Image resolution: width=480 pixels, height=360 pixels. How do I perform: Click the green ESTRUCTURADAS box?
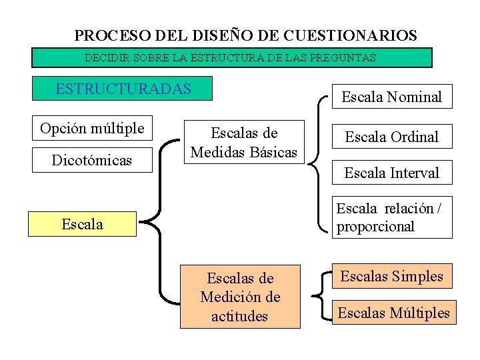tap(123, 89)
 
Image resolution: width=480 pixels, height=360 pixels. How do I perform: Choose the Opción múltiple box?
tap(92, 128)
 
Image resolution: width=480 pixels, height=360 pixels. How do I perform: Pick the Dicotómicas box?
tap(92, 161)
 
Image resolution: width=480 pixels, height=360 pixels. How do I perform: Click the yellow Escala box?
tap(82, 224)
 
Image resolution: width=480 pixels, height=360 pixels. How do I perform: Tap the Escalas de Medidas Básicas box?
tap(244, 143)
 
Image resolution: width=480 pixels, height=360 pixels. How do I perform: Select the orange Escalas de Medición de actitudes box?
tap(240, 296)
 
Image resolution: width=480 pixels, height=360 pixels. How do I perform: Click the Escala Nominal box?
tap(392, 97)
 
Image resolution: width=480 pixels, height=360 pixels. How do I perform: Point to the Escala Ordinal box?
tap(392, 137)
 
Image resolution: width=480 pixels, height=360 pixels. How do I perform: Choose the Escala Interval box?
tap(392, 173)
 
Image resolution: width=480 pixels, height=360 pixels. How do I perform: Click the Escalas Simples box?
tap(392, 275)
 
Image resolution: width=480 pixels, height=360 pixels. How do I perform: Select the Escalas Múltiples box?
tap(394, 311)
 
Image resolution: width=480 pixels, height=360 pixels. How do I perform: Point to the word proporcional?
tap(375, 226)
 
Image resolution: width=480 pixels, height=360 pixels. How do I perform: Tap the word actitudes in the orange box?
tap(240, 316)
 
